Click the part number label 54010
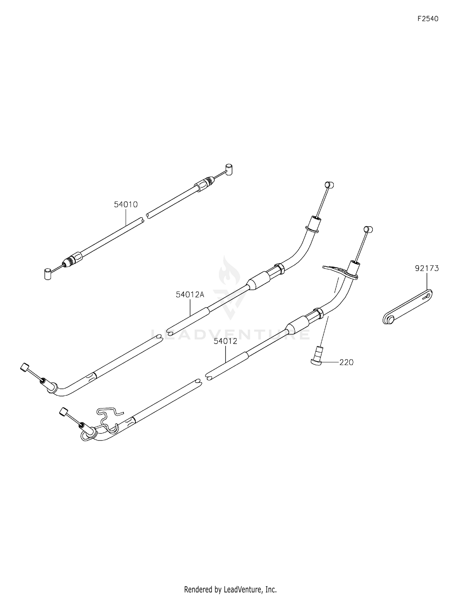(x=126, y=204)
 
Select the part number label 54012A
(x=190, y=295)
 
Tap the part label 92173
(x=427, y=269)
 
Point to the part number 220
(x=346, y=363)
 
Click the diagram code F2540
(x=428, y=19)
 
